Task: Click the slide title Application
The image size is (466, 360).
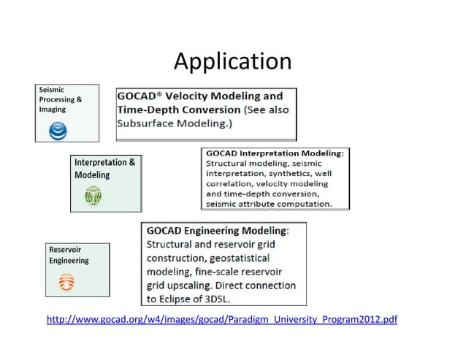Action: point(232,61)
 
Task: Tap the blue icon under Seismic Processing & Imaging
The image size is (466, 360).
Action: point(58,131)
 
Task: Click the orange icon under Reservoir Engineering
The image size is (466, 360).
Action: point(66,280)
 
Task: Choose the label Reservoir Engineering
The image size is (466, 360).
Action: point(69,255)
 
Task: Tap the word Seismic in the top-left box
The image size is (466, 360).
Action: point(52,89)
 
